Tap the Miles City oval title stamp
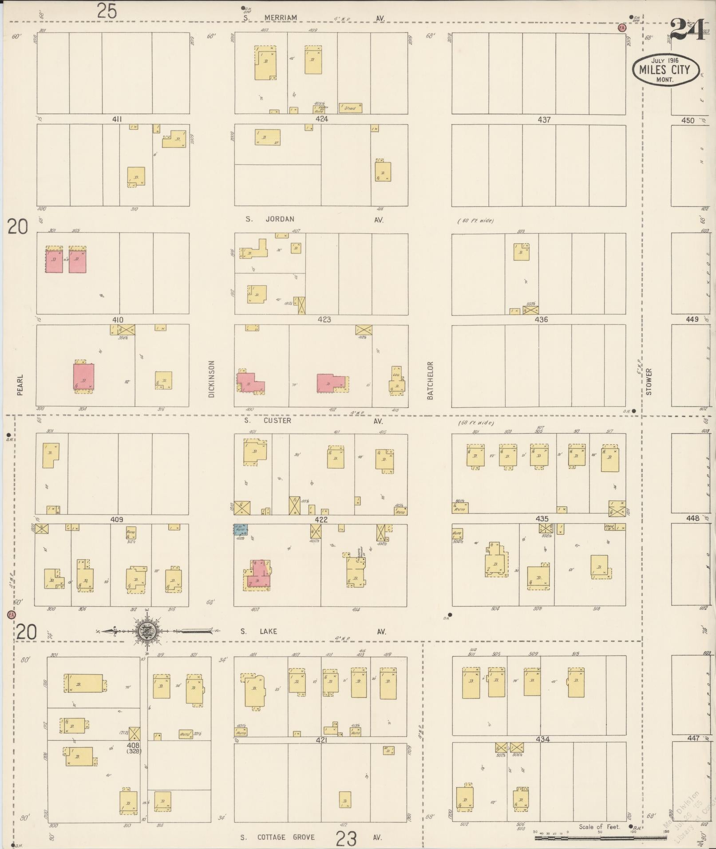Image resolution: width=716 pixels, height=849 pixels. click(665, 70)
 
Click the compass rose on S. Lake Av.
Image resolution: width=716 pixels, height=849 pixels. click(147, 631)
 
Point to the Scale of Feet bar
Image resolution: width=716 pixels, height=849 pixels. click(601, 838)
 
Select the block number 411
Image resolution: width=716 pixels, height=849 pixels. click(117, 119)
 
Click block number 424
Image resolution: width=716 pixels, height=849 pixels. click(321, 119)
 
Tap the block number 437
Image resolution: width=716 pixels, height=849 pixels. click(544, 120)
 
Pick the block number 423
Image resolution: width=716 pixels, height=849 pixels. click(324, 320)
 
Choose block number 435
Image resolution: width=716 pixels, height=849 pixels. click(542, 518)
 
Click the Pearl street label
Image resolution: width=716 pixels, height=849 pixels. click(20, 385)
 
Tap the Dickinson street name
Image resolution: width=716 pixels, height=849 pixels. click(211, 379)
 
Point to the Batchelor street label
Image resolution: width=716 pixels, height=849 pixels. click(430, 380)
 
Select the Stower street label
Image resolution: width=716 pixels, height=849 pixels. click(649, 381)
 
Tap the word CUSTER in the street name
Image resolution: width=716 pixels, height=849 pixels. click(277, 420)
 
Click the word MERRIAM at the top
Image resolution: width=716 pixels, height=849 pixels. click(281, 18)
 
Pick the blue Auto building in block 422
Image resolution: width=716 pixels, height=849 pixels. click(241, 529)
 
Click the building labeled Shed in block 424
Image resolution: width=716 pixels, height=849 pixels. click(350, 108)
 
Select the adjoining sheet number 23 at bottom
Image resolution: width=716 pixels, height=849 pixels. click(346, 838)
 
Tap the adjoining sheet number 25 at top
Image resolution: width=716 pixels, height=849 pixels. click(107, 11)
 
